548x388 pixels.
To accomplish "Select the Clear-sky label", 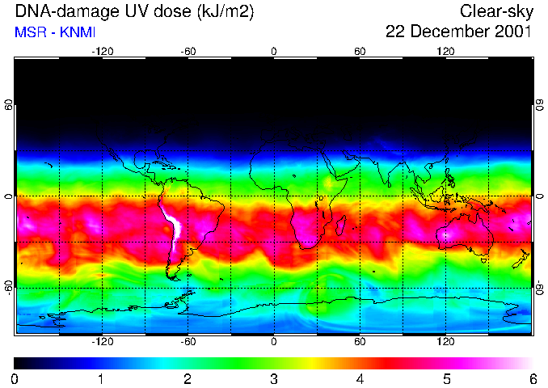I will tap(496, 11).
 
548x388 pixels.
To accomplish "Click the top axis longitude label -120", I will tap(102, 51).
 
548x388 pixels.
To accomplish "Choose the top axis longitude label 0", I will tap(274, 51).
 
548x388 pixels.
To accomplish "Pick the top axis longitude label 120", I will tap(445, 51).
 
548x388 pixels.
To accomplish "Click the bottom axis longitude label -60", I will tap(188, 341).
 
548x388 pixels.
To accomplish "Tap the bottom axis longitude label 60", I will tap(360, 341).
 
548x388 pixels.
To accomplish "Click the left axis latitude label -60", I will tap(9, 287).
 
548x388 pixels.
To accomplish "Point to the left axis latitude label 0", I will tap(9, 196).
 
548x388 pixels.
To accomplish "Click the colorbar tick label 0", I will tap(15, 378).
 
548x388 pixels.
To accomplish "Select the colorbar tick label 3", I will tap(273, 378).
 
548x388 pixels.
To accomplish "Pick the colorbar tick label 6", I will tap(533, 378).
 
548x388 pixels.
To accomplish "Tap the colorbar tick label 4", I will tap(360, 378).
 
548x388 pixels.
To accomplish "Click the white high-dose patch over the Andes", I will tap(172, 222).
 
